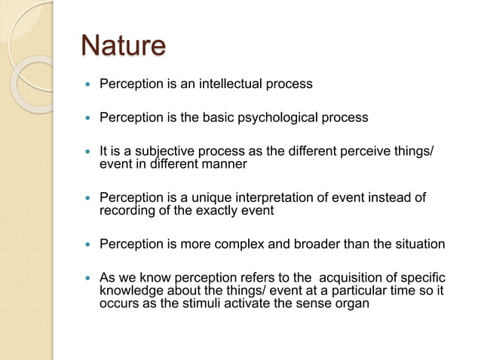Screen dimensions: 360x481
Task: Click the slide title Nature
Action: point(123,46)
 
